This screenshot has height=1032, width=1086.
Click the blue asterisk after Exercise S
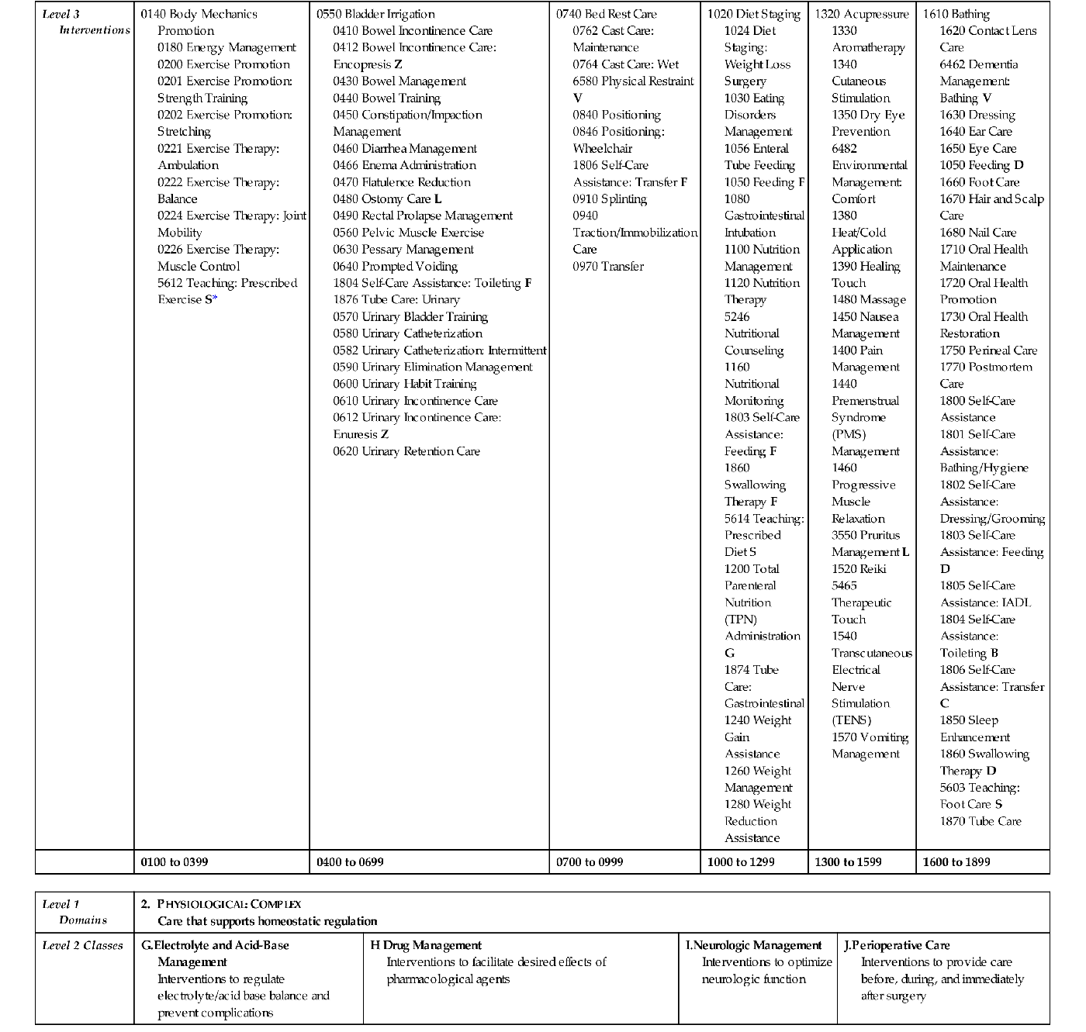[x=215, y=299]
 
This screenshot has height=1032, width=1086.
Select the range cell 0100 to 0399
[x=175, y=861]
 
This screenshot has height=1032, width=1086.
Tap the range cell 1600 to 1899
[x=956, y=861]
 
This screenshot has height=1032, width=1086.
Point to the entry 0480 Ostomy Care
[x=387, y=199]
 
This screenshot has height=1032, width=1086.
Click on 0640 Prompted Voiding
[x=395, y=267]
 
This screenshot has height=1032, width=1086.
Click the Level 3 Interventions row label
[x=85, y=22]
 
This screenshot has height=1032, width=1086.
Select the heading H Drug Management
[x=426, y=945]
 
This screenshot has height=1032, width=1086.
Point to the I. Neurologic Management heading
[x=753, y=945]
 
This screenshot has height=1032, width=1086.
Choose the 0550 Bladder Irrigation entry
[x=375, y=14]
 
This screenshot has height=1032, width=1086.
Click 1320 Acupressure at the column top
[x=861, y=14]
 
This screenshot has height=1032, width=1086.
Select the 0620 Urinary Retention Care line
[x=406, y=451]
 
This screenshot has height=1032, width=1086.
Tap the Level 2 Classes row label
[x=82, y=945]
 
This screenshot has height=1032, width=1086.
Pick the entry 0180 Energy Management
[x=227, y=48]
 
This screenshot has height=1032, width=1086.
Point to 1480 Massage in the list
[x=869, y=300]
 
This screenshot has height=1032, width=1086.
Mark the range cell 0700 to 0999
[x=590, y=861]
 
